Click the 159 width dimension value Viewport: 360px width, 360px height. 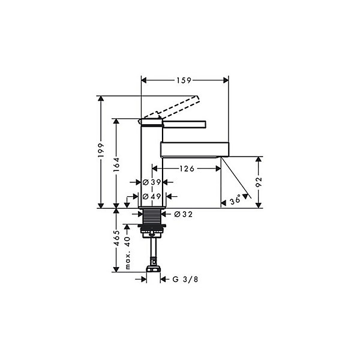tap(184, 80)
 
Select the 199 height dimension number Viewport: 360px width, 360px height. tap(101, 151)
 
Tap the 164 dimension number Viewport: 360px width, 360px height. tap(116, 164)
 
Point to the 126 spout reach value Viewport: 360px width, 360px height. tap(187, 169)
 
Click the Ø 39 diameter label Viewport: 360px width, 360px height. tap(152, 182)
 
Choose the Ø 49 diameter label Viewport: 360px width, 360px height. tap(152, 197)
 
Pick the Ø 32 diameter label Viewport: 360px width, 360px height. tap(184, 214)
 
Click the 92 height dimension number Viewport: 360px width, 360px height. tap(259, 182)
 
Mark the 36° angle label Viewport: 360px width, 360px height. tap(235, 200)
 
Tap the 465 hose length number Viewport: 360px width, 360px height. tap(116, 238)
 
